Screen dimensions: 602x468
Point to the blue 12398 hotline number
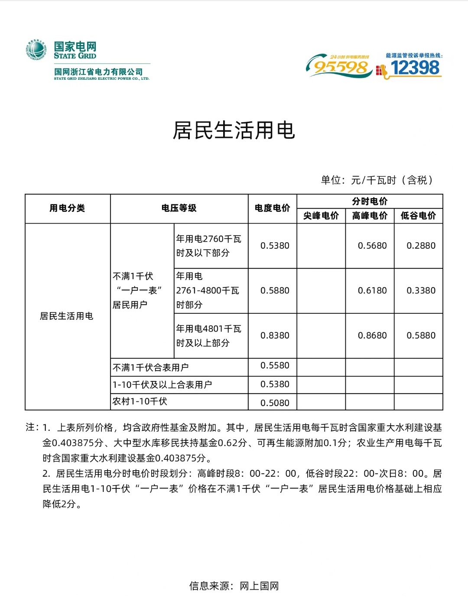[x=415, y=68]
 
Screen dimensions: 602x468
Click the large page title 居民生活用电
[x=234, y=130]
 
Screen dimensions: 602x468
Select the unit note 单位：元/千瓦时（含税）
[x=377, y=180]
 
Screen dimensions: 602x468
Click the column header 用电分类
[x=67, y=208]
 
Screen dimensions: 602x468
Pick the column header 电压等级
[x=179, y=208]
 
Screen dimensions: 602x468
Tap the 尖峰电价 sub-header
[x=321, y=215]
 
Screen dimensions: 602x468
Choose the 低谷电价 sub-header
[x=418, y=215]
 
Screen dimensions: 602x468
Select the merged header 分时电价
[x=370, y=201]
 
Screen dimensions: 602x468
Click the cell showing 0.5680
[x=372, y=246]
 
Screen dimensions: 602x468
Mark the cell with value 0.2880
[x=421, y=246]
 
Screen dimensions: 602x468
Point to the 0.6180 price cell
[x=372, y=291]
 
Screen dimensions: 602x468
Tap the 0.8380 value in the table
[x=275, y=335]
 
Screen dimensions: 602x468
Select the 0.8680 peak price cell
[x=372, y=335]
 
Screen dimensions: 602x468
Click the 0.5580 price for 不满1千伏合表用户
[x=275, y=366]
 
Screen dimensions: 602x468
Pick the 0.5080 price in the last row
[x=275, y=403]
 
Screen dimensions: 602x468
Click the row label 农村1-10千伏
[x=140, y=401]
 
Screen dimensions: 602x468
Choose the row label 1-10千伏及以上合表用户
[x=162, y=384]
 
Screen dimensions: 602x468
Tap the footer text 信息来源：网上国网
[x=234, y=586]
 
